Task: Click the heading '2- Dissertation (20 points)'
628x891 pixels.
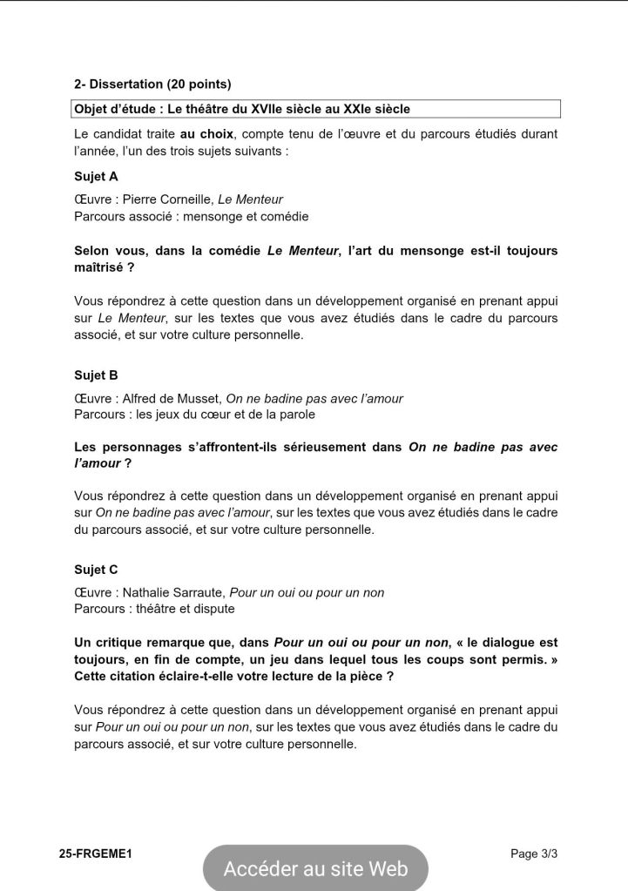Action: point(152,84)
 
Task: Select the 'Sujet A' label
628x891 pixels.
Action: point(96,176)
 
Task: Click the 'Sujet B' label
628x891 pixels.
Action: point(96,375)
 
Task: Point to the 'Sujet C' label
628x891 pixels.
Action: point(96,570)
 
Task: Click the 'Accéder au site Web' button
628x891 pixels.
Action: point(315,868)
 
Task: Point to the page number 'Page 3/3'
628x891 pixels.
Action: point(534,854)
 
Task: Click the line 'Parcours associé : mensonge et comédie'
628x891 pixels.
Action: point(192,216)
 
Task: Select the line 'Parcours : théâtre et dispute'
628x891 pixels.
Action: point(154,609)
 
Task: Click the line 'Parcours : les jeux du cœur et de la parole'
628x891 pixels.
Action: point(194,415)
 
